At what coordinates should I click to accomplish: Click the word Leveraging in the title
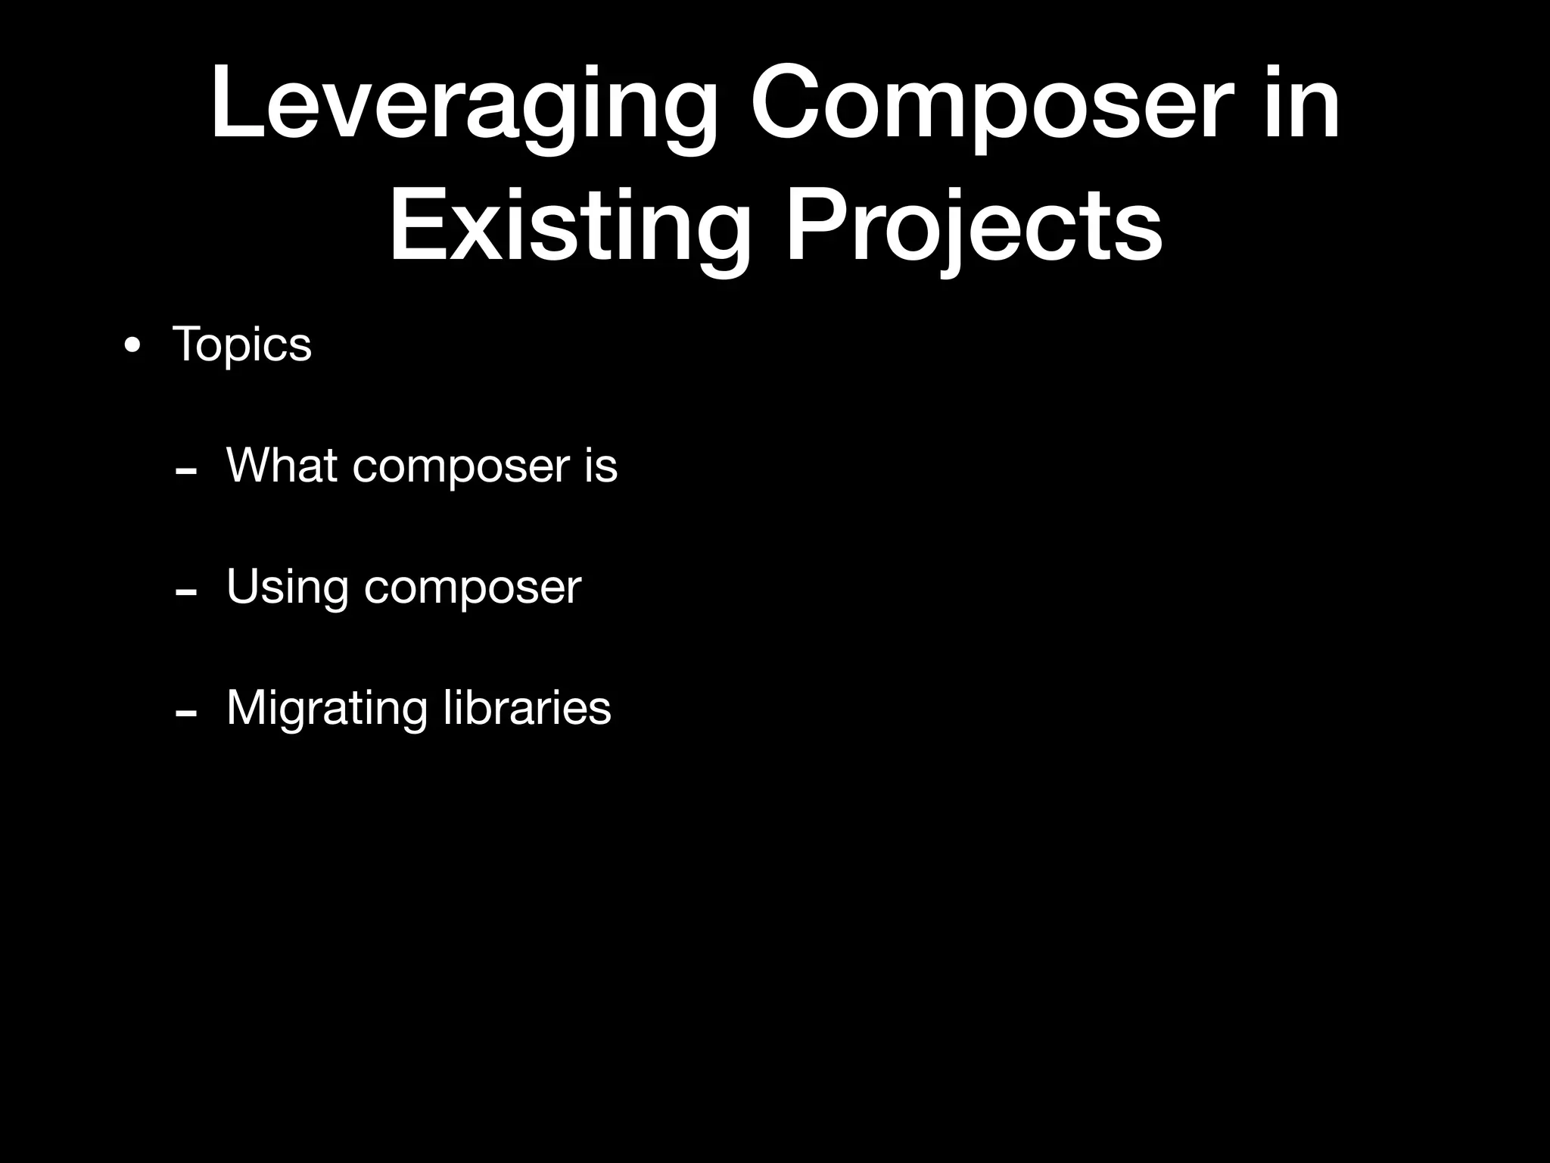pos(463,106)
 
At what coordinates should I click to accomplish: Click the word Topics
pos(242,345)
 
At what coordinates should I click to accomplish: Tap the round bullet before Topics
pos(132,347)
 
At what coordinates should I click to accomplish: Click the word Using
pos(288,588)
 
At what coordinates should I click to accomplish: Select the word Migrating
pos(326,709)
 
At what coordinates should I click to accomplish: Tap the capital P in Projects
pos(814,226)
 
